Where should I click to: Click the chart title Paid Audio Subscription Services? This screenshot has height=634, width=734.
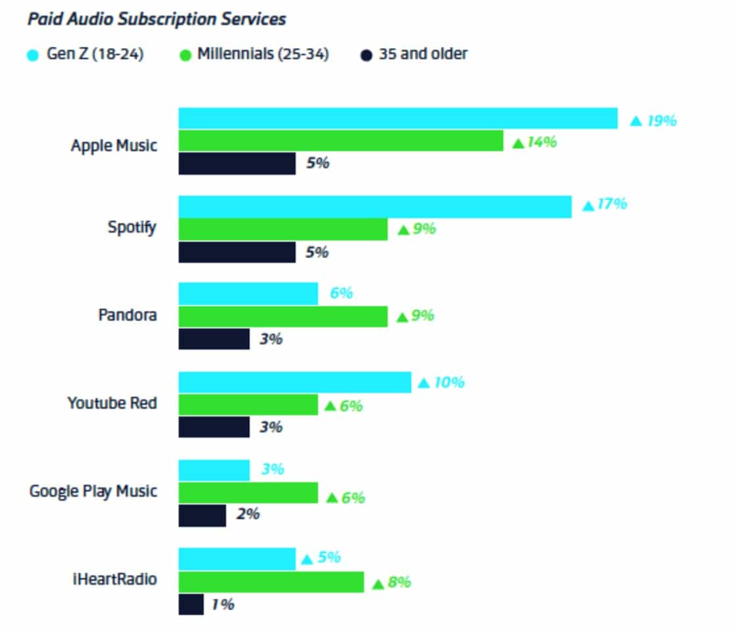click(156, 19)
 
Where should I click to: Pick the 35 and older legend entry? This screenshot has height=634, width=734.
click(415, 54)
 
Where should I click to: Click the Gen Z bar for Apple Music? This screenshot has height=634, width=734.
click(398, 119)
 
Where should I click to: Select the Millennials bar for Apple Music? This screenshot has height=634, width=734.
click(340, 141)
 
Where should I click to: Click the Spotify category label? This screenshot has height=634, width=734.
click(132, 228)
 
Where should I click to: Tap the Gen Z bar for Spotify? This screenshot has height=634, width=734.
click(375, 206)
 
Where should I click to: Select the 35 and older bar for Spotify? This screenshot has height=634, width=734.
click(237, 252)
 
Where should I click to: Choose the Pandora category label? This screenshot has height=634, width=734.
click(127, 315)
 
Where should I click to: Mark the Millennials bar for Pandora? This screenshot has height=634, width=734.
click(283, 316)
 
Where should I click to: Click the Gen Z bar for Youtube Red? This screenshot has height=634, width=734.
click(294, 382)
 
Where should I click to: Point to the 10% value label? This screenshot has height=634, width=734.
click(449, 382)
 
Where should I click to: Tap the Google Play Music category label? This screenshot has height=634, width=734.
click(93, 491)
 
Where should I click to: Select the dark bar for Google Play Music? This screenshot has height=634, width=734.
click(202, 515)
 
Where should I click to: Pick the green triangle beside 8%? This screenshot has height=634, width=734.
click(377, 583)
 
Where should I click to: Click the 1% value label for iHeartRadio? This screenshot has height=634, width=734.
click(223, 604)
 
